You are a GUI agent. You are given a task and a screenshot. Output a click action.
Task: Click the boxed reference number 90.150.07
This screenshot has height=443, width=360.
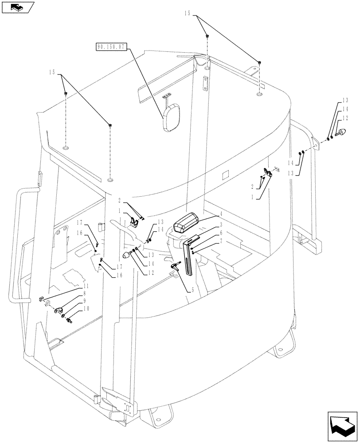pyautogui.click(x=111, y=46)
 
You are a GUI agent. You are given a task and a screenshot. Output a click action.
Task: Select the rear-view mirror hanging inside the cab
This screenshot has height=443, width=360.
pyautogui.click(x=171, y=117)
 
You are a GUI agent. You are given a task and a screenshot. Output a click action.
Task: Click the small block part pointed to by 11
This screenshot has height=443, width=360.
pyautogui.click(x=39, y=301)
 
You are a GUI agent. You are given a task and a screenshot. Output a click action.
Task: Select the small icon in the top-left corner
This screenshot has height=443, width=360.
pyautogui.click(x=17, y=7)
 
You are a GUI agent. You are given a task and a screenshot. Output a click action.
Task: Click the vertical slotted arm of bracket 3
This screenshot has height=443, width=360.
pyautogui.click(x=189, y=261)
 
